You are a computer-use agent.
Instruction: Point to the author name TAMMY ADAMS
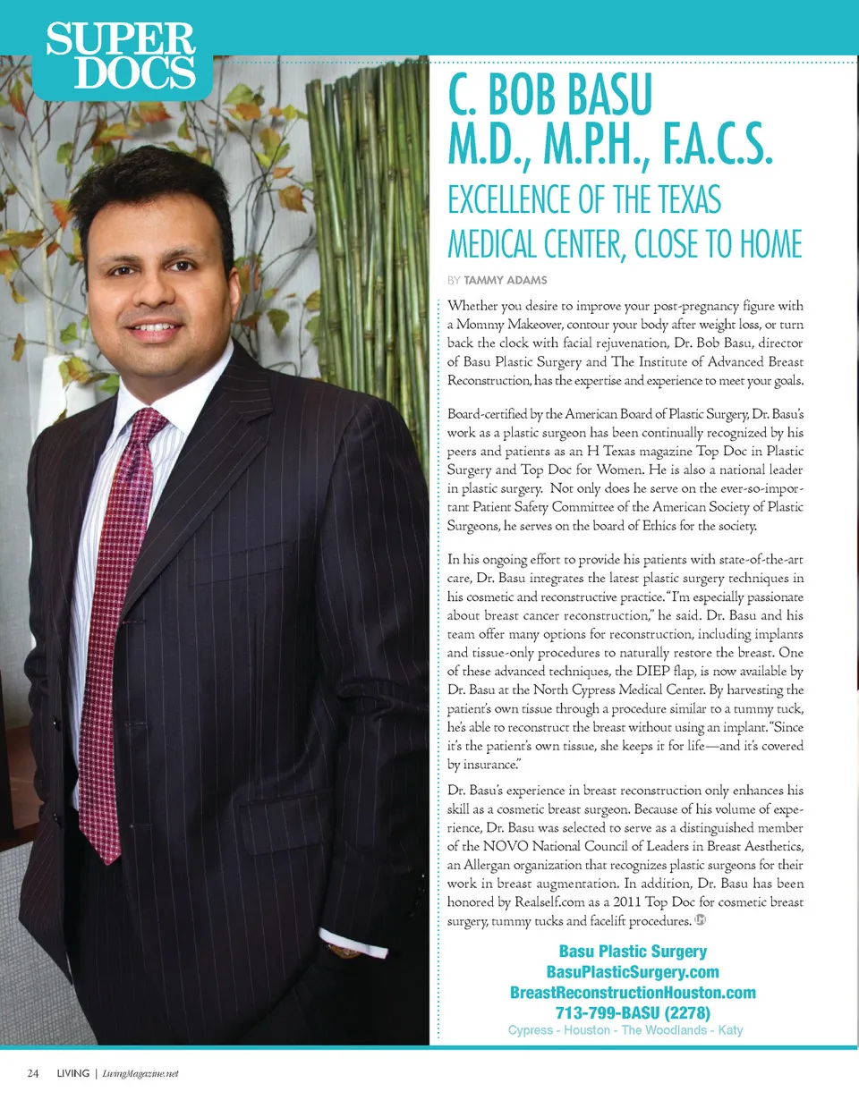click(x=506, y=280)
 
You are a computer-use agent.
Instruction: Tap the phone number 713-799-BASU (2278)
click(x=633, y=1012)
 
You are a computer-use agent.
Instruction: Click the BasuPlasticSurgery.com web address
click(x=633, y=972)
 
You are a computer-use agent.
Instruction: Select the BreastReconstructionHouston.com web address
click(x=633, y=993)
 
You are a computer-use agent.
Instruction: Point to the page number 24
click(x=33, y=1072)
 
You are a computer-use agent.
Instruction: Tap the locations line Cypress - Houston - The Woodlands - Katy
click(x=625, y=1030)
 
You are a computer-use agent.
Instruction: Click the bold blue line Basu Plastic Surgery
click(x=633, y=952)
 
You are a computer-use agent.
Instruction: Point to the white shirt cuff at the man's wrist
click(x=344, y=940)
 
